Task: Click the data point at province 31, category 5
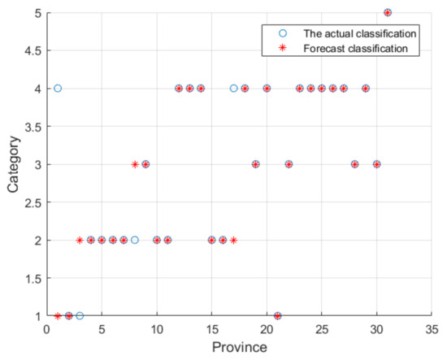pos(388,12)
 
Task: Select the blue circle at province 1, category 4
pos(58,88)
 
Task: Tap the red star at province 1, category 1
pos(58,316)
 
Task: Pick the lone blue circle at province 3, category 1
pos(80,316)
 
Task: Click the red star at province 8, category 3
pos(135,164)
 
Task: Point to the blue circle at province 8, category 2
pos(135,240)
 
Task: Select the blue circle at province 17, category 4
pos(234,88)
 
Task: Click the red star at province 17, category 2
pos(234,240)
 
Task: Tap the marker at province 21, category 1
pos(278,316)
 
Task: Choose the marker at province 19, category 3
pos(256,164)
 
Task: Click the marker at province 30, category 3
pos(377,164)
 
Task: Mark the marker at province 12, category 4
pos(179,88)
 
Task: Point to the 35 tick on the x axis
pos(432,330)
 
